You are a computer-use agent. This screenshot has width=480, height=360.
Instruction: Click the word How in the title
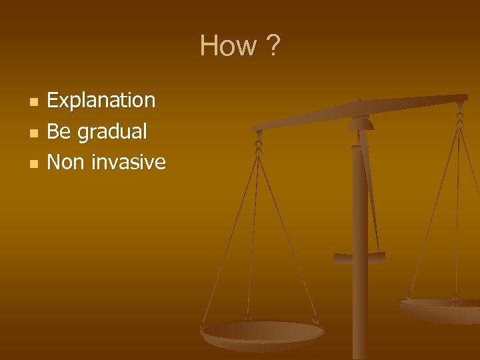pyautogui.click(x=228, y=46)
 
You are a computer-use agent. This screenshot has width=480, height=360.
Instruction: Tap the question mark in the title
pyautogui.click(x=273, y=46)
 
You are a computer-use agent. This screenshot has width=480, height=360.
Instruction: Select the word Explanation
pyautogui.click(x=101, y=101)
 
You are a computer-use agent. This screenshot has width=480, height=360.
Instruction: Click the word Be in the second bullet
pyautogui.click(x=59, y=131)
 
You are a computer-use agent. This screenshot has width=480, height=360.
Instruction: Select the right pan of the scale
pyautogui.click(x=440, y=308)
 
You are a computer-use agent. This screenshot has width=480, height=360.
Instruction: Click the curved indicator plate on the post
pyautogui.click(x=360, y=257)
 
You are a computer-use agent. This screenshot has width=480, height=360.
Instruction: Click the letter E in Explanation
pyautogui.click(x=53, y=101)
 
